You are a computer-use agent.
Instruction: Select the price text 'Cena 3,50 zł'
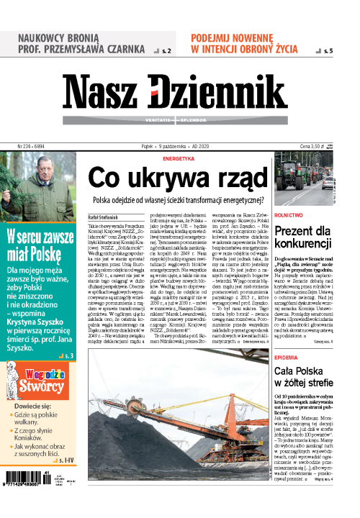tap(323, 145)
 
